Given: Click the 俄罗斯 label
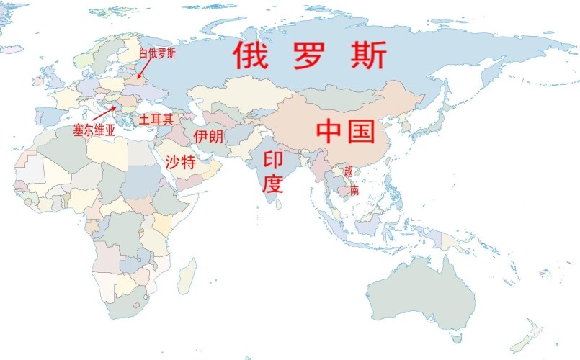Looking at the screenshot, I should click(310, 55).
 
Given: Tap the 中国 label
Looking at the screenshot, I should click(346, 132).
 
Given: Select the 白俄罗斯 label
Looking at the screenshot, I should click(158, 52).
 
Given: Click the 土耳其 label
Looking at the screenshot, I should click(156, 120).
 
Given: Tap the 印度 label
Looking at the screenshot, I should click(274, 172).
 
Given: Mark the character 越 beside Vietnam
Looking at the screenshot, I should click(349, 171).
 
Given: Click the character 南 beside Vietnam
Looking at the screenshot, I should click(354, 191).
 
